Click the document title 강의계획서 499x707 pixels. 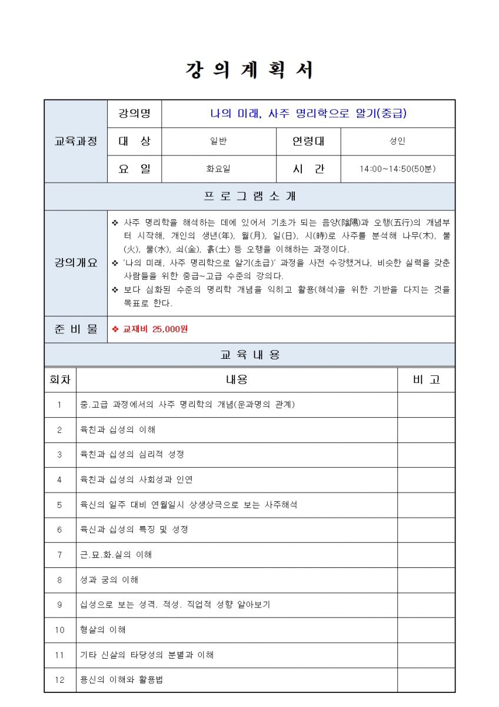point(249,70)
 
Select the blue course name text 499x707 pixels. point(308,114)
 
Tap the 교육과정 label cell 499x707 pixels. point(75,141)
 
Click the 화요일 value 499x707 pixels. point(218,169)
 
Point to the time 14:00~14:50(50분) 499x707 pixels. point(398,169)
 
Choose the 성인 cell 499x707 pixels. point(398,141)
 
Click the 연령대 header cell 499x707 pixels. point(308,141)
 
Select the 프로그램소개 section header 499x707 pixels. point(249,196)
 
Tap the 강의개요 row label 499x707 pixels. point(75,263)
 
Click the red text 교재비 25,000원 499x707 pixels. point(155,329)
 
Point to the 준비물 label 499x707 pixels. point(75,329)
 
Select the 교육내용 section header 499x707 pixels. point(249,355)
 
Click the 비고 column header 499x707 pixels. point(426,380)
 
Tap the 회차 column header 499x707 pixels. point(60,380)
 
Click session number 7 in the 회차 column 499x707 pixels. point(59,555)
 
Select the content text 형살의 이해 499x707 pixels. point(103,630)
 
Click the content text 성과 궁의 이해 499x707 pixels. point(109,580)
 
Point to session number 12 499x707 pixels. point(59,680)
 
